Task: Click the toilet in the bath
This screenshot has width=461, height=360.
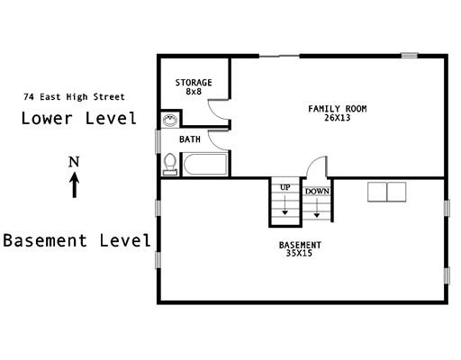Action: point(170,164)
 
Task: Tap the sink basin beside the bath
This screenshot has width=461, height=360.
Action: point(170,121)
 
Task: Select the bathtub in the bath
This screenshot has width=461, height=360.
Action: point(205,164)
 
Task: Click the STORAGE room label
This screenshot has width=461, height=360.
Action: point(194,83)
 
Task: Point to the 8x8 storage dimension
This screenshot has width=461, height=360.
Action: point(194,92)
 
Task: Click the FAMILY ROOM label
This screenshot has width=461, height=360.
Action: point(338,109)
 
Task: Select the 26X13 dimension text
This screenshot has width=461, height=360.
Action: point(338,118)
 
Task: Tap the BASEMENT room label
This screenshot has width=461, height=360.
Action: point(300,245)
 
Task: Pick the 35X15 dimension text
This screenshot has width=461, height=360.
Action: point(299,253)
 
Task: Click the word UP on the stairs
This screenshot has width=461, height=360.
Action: point(285,187)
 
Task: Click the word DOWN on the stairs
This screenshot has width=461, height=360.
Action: point(317,192)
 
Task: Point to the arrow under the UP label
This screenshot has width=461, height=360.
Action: point(285,205)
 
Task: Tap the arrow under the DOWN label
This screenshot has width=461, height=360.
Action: point(317,208)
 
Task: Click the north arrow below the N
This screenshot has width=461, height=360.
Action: point(75,184)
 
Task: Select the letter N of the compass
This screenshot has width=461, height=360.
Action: point(74,162)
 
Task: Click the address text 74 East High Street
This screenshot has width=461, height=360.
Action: point(74,97)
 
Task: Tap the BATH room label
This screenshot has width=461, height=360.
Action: point(190,139)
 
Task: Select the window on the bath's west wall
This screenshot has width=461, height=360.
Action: point(158,141)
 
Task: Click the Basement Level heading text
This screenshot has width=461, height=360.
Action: point(77,240)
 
